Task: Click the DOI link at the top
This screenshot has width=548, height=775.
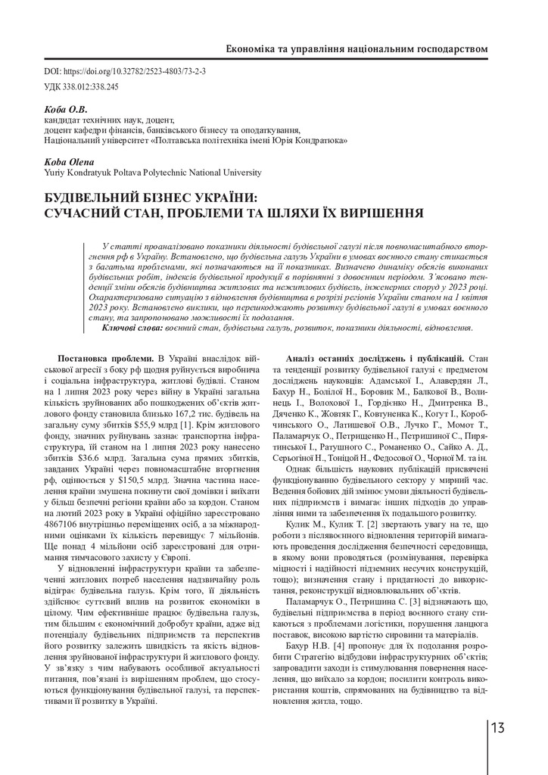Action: tap(135, 72)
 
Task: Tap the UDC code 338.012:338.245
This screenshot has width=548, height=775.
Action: tap(92, 87)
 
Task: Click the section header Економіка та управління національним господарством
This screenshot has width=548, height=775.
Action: tap(357, 49)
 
